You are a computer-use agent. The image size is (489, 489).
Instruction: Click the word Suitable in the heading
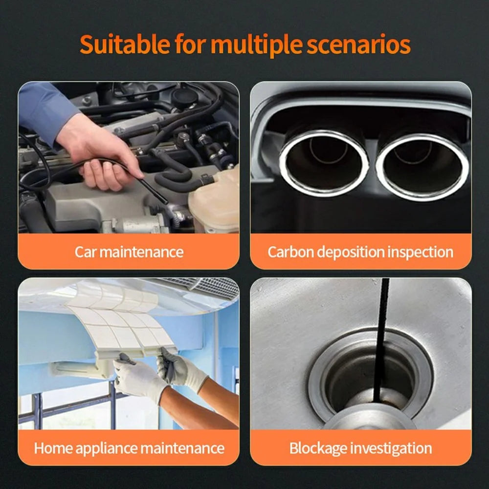[125, 44]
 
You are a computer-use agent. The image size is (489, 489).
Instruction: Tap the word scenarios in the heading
[358, 44]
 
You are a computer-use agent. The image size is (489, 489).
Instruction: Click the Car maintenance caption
[129, 252]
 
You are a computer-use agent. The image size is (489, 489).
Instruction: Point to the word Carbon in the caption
[290, 252]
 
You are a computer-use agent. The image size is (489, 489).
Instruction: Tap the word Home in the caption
[53, 448]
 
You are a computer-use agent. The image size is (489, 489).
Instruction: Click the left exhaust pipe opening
[324, 163]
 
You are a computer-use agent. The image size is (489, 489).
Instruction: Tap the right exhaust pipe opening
[422, 167]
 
